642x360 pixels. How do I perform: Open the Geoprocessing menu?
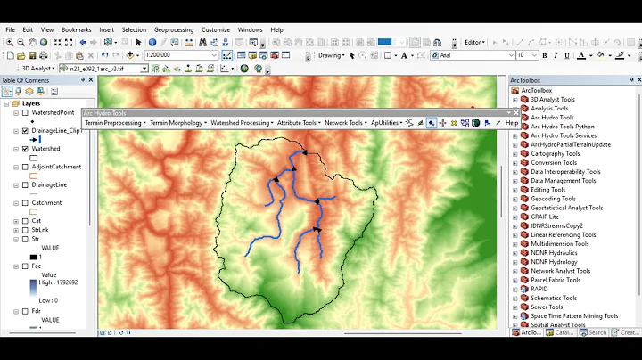173,29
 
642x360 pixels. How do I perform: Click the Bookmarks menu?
77,29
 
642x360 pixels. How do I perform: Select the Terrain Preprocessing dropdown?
113,123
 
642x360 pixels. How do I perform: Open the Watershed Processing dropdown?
241,123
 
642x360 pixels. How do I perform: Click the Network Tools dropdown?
344,123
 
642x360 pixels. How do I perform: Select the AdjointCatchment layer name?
56,167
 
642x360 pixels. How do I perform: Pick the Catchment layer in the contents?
47,203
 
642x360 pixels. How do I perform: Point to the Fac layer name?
37,266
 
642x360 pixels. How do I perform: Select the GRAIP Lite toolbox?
545,217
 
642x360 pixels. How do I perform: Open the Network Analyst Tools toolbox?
561,271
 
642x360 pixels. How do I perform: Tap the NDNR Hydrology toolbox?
554,262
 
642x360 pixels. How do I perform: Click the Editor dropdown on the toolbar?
475,42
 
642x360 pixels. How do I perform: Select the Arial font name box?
473,55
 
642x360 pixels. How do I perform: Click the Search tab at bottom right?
596,332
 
